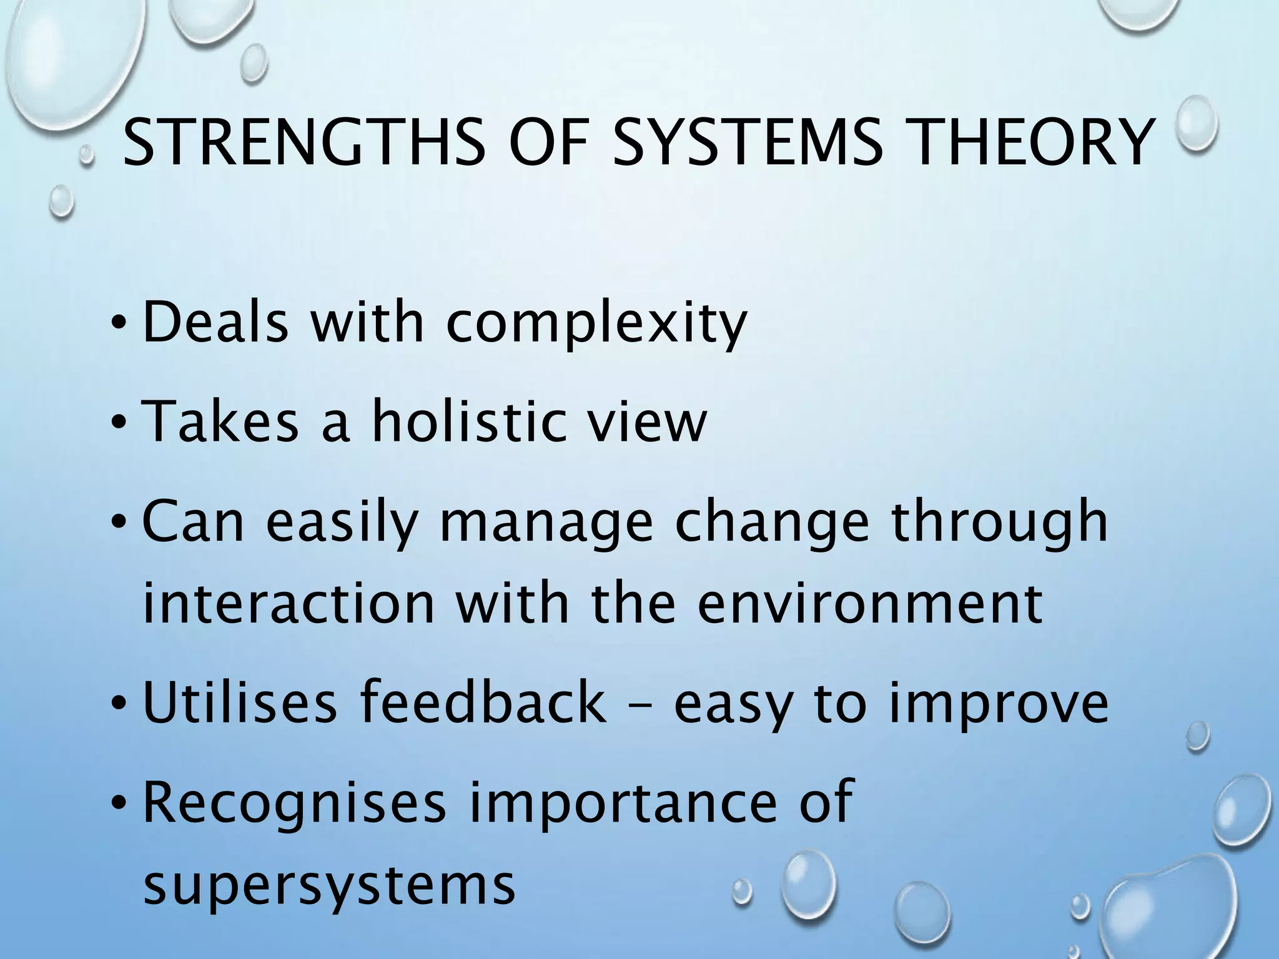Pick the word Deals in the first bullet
pyautogui.click(x=216, y=323)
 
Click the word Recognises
pyautogui.click(x=295, y=804)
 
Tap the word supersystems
pyautogui.click(x=329, y=887)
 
